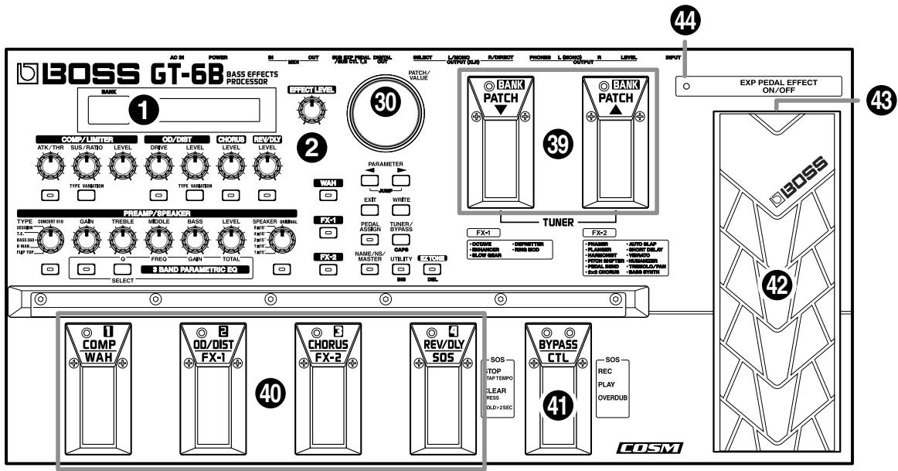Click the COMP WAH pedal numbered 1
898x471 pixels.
pyautogui.click(x=93, y=387)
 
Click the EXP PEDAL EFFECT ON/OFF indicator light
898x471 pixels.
pyautogui.click(x=688, y=87)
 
